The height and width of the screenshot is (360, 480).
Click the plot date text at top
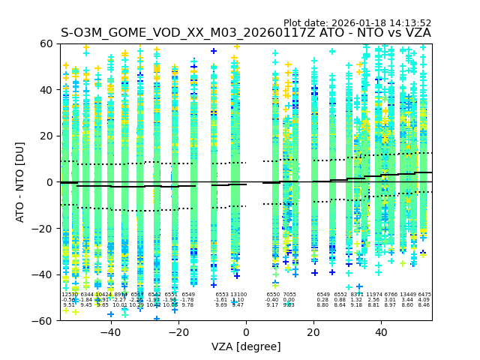pyautogui.click(x=357, y=23)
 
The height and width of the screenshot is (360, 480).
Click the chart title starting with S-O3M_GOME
pyautogui.click(x=246, y=33)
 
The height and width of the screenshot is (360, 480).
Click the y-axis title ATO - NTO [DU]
pyautogui.click(x=20, y=182)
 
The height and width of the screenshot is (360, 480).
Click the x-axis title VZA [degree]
pyautogui.click(x=246, y=346)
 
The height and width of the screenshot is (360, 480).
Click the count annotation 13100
pyautogui.click(x=238, y=295)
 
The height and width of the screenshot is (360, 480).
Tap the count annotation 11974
pyautogui.click(x=374, y=295)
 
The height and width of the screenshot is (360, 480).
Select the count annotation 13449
pyautogui.click(x=408, y=295)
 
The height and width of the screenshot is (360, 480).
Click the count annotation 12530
pyautogui.click(x=69, y=295)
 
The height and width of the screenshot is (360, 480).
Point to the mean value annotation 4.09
pyautogui.click(x=424, y=300)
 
